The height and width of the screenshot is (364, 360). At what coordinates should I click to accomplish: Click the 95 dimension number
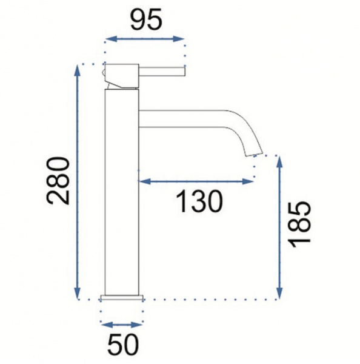146,20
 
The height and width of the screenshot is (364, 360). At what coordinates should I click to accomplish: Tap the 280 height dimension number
58,181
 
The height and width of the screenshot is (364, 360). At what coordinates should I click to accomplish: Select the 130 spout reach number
199,201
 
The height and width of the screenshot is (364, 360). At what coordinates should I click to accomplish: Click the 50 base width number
123,344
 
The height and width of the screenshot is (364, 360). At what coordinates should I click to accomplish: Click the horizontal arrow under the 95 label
145,39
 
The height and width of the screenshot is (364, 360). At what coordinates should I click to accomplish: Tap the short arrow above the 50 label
122,325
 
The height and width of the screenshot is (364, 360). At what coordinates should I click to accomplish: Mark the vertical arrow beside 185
280,227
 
